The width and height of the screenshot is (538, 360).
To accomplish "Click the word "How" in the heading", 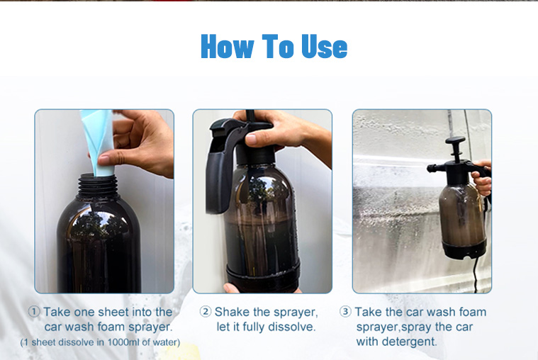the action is [x=228, y=45].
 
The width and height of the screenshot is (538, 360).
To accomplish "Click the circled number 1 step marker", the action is [x=34, y=312].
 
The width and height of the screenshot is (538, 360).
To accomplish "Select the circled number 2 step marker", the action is [x=205, y=312].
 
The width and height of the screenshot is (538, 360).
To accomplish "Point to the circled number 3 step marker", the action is [x=345, y=312].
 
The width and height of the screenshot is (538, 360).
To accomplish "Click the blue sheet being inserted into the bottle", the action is [x=98, y=141].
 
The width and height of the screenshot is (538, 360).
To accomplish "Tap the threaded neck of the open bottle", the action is [x=98, y=186].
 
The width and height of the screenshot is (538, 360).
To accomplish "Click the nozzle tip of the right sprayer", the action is [x=430, y=168].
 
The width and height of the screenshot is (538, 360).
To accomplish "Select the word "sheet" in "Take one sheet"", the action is [x=113, y=312].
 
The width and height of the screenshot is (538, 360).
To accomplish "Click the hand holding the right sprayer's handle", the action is [x=482, y=179].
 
